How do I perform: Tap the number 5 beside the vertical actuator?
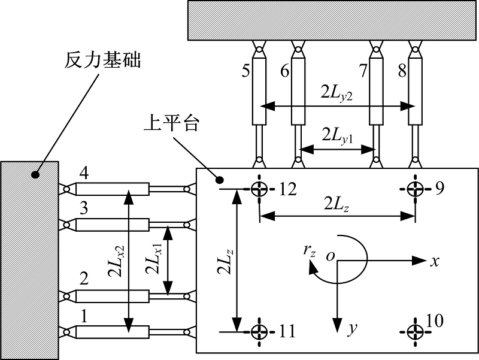(246, 71)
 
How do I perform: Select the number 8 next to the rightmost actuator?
(402, 71)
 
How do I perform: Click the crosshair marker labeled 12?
(259, 189)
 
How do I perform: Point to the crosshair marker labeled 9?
(415, 189)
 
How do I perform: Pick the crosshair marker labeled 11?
(259, 331)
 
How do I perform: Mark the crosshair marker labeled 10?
(415, 331)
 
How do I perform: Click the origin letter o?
(329, 256)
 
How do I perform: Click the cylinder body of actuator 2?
(112, 296)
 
